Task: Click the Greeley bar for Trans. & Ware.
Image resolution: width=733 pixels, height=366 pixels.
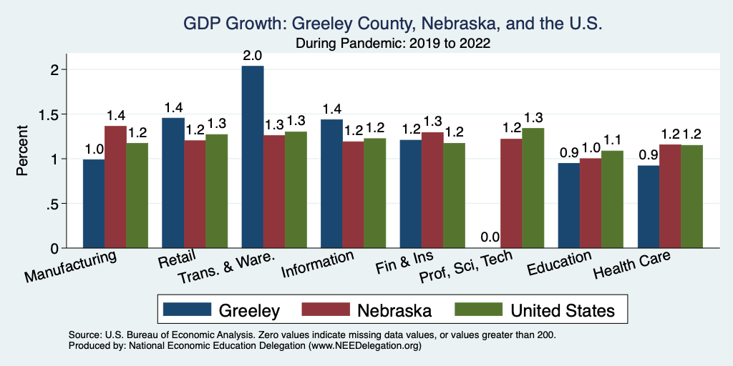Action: (x=253, y=157)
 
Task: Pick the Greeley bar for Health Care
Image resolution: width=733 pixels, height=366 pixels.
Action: (x=649, y=207)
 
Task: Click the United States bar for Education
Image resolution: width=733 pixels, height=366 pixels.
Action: (x=612, y=199)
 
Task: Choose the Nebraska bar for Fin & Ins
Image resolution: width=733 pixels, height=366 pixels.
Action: (x=432, y=190)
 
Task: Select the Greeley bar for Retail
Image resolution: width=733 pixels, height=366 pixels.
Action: (x=173, y=183)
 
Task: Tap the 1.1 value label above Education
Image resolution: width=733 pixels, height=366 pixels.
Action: (x=612, y=141)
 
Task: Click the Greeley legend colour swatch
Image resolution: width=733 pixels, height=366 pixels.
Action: (x=188, y=310)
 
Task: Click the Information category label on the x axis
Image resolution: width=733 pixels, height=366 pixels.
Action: (x=318, y=264)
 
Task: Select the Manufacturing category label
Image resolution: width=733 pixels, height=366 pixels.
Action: (x=71, y=266)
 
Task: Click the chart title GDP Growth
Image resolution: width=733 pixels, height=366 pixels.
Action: (x=393, y=24)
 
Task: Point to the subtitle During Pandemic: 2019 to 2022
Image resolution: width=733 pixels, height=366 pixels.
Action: (x=393, y=44)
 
